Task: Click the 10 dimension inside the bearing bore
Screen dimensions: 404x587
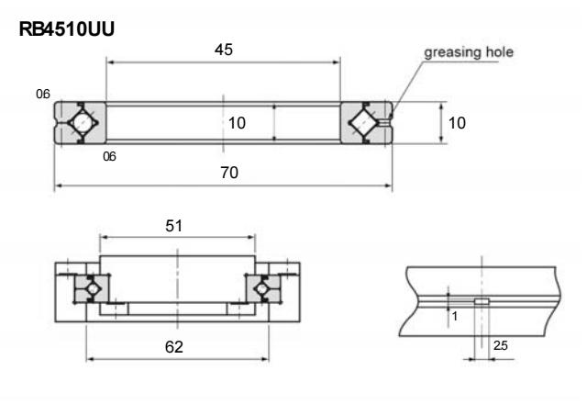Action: (x=237, y=123)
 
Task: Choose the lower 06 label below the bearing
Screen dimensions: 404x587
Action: (x=110, y=157)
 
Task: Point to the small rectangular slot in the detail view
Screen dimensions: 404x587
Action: (x=482, y=300)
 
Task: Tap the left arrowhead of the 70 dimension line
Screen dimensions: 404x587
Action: (x=59, y=186)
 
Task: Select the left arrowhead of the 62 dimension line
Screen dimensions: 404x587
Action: (x=90, y=359)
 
